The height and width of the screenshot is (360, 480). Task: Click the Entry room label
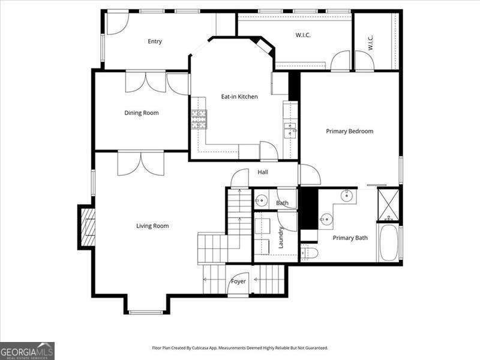point(155,41)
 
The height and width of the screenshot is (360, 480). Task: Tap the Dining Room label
point(142,113)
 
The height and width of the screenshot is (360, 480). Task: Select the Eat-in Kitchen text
point(239,97)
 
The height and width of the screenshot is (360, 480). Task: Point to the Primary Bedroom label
point(349,131)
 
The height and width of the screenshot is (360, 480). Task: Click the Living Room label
point(152,226)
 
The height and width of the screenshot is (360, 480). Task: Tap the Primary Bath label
point(350,238)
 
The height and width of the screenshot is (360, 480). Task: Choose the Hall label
point(263,172)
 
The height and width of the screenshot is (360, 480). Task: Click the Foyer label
point(238,281)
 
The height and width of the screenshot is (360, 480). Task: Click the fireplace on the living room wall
point(87,227)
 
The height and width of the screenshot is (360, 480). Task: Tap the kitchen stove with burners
point(199,119)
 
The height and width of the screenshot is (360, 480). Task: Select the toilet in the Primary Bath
point(308,253)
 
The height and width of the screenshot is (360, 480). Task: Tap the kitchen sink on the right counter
point(290,130)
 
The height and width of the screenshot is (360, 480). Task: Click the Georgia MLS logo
point(27,350)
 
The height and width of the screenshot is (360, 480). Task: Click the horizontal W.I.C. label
point(303,35)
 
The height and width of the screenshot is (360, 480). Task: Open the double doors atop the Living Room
point(141,163)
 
